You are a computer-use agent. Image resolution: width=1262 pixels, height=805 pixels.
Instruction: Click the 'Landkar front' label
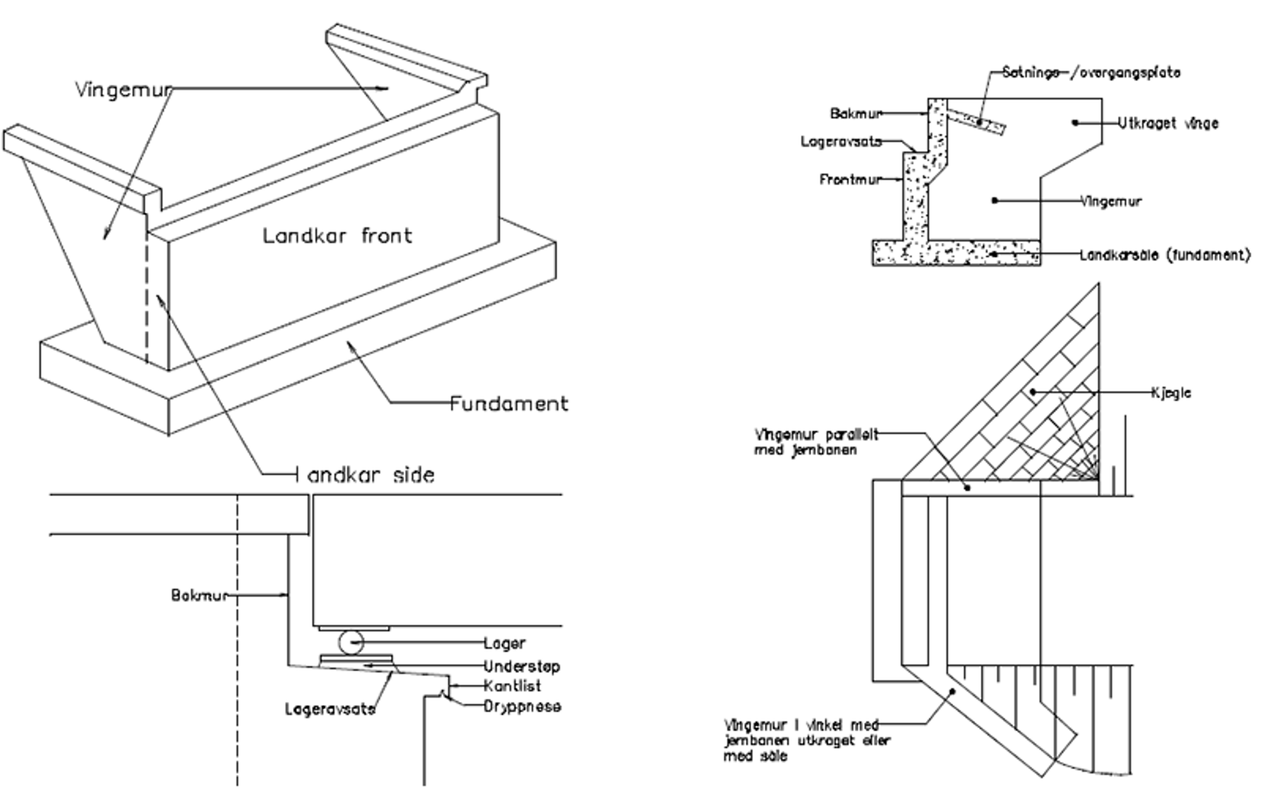(x=337, y=235)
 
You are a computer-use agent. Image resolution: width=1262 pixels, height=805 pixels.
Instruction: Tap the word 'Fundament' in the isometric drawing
(x=509, y=403)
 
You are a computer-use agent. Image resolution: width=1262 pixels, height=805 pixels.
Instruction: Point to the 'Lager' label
(x=504, y=643)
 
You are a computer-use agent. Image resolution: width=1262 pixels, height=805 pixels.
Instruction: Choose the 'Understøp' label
(x=521, y=666)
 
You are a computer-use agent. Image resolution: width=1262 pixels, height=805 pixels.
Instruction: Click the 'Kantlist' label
(x=512, y=686)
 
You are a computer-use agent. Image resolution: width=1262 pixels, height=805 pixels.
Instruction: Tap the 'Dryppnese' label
(x=522, y=706)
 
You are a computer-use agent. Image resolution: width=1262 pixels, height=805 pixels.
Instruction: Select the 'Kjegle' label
(x=1171, y=392)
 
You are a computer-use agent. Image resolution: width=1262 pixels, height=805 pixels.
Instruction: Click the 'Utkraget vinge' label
(x=1167, y=123)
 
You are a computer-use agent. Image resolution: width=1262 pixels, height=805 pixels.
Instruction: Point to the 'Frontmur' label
(x=849, y=180)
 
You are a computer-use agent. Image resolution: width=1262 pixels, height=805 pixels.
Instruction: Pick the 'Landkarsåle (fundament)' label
(x=1164, y=255)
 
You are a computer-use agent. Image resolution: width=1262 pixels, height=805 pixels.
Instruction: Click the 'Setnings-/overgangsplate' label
(x=1092, y=73)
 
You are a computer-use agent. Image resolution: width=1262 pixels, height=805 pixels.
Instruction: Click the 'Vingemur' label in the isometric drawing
(x=123, y=89)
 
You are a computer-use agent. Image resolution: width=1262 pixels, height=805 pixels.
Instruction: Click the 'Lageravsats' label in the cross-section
(x=840, y=142)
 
